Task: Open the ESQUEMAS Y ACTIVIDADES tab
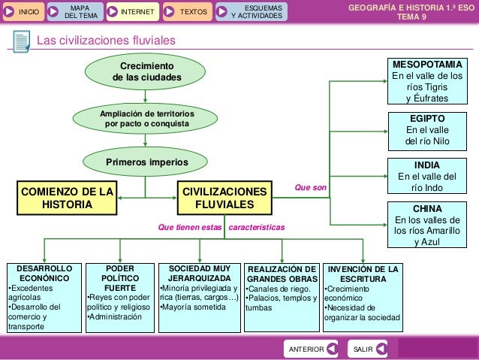tap(251, 11)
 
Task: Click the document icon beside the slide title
tap(21, 40)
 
